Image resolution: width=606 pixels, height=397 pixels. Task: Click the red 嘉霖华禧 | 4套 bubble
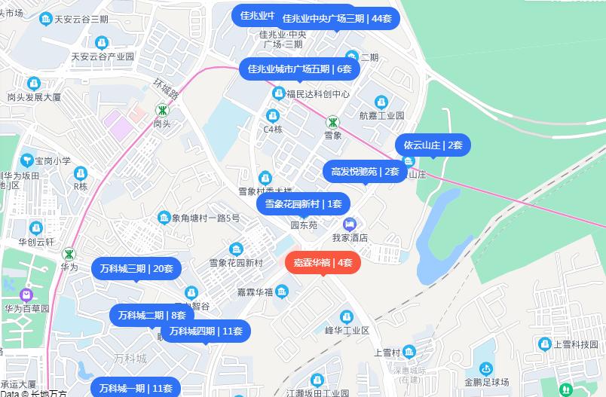pos(323,262)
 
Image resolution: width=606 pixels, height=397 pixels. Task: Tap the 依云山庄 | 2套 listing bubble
pos(433,145)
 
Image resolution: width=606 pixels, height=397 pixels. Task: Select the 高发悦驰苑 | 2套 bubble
pos(365,171)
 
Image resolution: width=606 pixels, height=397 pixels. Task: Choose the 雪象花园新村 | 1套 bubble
pos(303,203)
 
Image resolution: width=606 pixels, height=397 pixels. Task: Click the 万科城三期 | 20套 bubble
pos(136,268)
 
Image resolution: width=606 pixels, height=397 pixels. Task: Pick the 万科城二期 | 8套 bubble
pos(151,316)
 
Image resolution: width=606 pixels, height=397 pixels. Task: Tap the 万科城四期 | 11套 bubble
pos(206,331)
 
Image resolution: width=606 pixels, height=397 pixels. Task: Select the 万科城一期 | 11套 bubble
pos(136,388)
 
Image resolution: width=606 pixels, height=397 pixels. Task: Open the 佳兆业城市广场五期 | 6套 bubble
pos(300,69)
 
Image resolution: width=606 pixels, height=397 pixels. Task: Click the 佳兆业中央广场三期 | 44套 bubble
pos(337,18)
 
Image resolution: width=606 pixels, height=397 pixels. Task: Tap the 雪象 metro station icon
pos(332,122)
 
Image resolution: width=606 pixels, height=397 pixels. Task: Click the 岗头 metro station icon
pos(161,110)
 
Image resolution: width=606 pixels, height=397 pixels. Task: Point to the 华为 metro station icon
pos(69,254)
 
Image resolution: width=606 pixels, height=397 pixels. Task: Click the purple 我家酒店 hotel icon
pos(350,224)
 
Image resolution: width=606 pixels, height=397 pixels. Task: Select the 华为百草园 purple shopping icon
pos(27,294)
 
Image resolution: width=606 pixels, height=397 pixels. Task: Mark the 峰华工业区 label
pos(347,331)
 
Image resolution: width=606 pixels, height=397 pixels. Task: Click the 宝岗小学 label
pos(53,160)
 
